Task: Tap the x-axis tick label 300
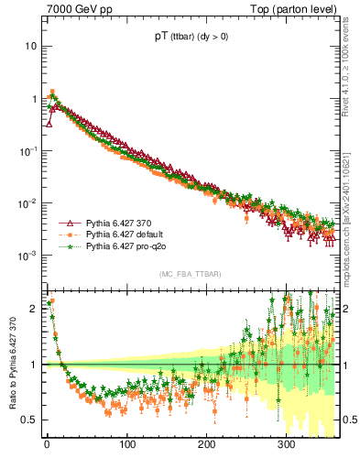point(286,444)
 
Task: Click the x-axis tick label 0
point(47,444)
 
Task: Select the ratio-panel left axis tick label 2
point(35,309)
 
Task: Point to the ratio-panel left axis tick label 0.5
point(30,420)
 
